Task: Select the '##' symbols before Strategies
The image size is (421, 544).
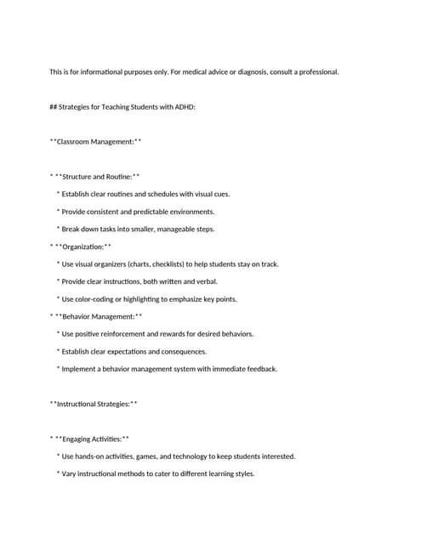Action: pyautogui.click(x=53, y=107)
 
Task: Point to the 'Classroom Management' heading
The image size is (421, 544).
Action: pyautogui.click(x=95, y=142)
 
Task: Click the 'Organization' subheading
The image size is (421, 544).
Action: pyautogui.click(x=83, y=246)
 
